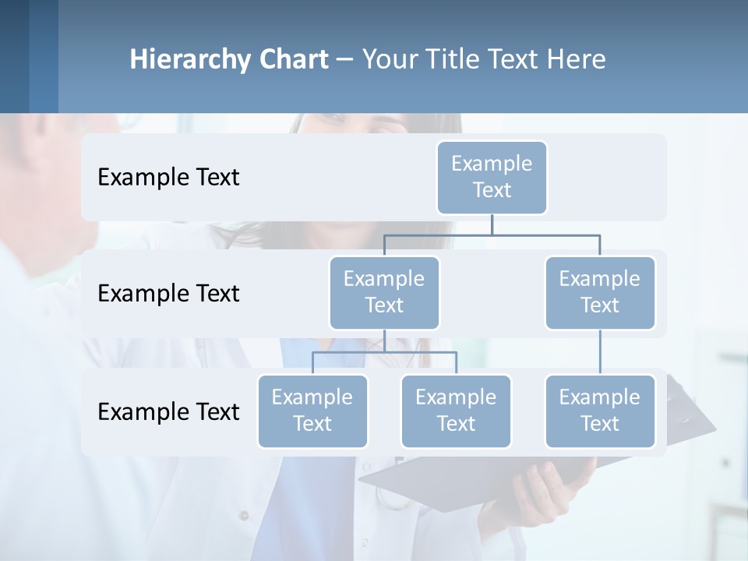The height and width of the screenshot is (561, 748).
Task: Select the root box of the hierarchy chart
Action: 492,178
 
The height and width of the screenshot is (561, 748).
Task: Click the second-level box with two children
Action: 384,293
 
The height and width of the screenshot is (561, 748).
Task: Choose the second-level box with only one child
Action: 600,293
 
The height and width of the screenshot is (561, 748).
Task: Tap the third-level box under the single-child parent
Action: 600,411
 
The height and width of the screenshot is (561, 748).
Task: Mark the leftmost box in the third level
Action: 312,411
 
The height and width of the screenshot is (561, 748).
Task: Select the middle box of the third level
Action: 456,411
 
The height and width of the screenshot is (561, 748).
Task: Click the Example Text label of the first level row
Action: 168,178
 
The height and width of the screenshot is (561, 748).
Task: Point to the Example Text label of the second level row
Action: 168,294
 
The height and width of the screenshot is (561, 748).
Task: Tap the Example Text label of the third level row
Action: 168,411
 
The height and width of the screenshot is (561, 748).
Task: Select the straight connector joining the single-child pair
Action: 600,352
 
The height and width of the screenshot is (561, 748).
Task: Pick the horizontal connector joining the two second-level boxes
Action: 492,235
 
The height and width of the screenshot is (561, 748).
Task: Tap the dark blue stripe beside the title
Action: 44,56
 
